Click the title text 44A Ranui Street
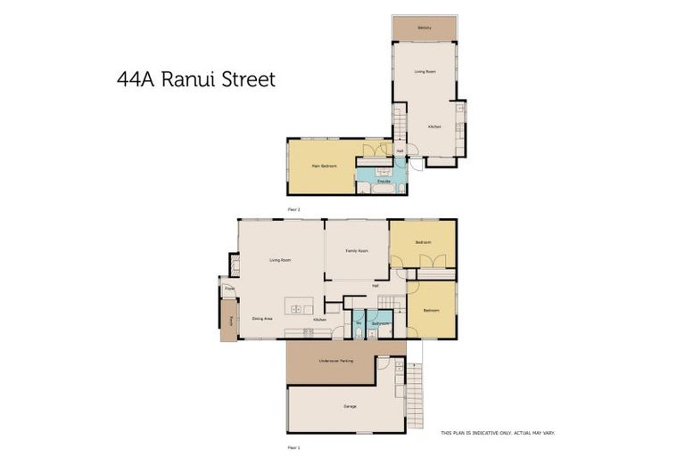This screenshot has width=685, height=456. tap(195, 78)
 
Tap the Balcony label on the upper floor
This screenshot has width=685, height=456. tap(425, 28)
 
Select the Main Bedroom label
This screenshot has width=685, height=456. tap(322, 167)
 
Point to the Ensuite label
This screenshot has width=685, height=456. tap(383, 182)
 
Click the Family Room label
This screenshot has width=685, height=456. tap(357, 252)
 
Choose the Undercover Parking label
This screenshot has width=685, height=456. tap(335, 361)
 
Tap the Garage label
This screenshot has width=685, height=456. tap(350, 406)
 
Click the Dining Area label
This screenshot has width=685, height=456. tap(262, 318)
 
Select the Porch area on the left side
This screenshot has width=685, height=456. tap(229, 320)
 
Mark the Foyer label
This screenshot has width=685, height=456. tap(229, 289)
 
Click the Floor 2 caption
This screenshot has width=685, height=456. tap(293, 208)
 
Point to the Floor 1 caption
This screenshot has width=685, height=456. tap(293, 447)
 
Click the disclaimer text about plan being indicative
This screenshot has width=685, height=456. tap(498, 433)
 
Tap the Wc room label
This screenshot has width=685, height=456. tap(358, 323)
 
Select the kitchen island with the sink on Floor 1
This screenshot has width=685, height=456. tap(298, 308)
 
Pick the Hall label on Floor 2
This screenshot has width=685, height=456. tap(400, 151)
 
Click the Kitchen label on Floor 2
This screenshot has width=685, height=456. tap(433, 126)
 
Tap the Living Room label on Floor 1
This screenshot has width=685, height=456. tap(280, 260)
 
